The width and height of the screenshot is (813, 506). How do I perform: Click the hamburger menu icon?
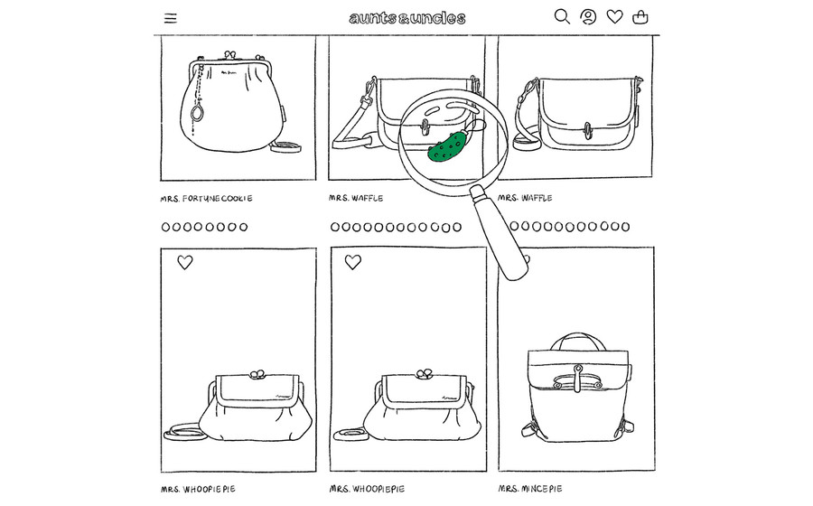171,18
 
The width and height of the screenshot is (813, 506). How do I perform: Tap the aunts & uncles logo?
407,18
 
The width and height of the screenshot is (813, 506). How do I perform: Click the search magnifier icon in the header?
562,16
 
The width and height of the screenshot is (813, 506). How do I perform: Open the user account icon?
588,16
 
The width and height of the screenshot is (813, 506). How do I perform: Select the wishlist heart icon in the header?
615,16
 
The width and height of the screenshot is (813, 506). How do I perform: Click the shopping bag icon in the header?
640,17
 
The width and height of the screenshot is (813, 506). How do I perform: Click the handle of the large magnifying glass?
500,233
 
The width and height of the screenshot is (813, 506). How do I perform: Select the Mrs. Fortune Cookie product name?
206,199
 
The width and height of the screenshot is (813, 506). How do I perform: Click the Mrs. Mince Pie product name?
530,488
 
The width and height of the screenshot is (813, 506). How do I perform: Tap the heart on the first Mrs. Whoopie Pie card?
185,262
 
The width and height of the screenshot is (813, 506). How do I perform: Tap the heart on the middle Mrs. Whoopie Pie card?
353,262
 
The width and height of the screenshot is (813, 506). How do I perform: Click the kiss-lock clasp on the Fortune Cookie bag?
230,55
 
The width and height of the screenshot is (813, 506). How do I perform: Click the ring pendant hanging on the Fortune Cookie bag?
198,113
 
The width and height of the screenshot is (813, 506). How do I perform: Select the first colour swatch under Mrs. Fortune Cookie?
165,227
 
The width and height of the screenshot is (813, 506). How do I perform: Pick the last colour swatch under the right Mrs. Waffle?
625,227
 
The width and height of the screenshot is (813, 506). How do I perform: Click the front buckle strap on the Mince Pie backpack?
577,379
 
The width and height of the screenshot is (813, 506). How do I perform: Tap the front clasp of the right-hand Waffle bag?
587,131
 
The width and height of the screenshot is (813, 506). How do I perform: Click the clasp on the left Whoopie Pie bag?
257,374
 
